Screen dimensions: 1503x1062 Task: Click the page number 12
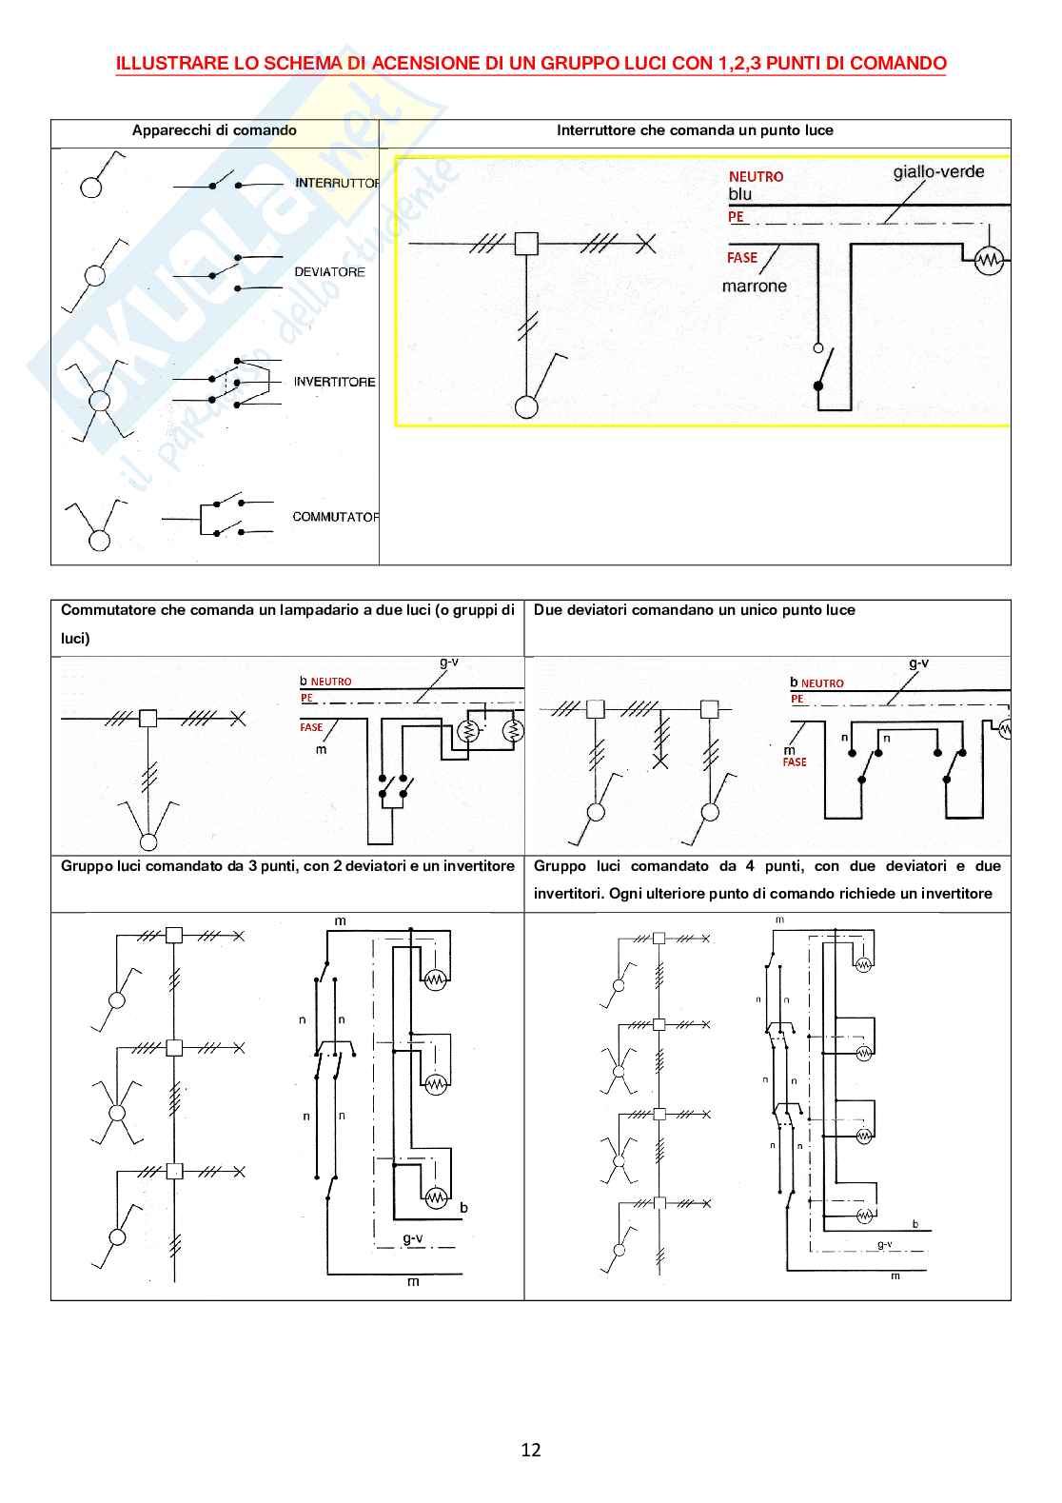coord(531,1450)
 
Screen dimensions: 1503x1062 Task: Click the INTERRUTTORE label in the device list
coord(337,183)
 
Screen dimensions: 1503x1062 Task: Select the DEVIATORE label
coord(329,272)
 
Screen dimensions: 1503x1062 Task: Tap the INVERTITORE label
coord(334,382)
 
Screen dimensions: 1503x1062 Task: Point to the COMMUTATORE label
coord(335,517)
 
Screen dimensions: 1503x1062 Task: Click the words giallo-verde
coord(938,172)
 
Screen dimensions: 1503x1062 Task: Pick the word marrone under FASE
coord(755,287)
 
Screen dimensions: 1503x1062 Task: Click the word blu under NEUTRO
coord(739,194)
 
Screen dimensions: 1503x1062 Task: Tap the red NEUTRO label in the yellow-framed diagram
coord(756,177)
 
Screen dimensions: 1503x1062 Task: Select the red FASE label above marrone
coord(742,258)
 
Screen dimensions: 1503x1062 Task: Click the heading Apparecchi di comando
coord(214,130)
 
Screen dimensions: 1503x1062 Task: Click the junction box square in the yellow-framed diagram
coord(526,244)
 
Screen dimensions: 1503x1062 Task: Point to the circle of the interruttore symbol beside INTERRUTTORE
coord(91,187)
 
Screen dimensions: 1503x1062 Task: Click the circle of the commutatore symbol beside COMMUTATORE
coord(99,541)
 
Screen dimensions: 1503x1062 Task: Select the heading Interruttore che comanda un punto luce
coord(695,130)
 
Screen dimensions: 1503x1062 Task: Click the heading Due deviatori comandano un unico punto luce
coord(695,610)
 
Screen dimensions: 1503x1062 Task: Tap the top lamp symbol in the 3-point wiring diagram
coord(436,979)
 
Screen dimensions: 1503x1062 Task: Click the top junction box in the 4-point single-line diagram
coord(659,938)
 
